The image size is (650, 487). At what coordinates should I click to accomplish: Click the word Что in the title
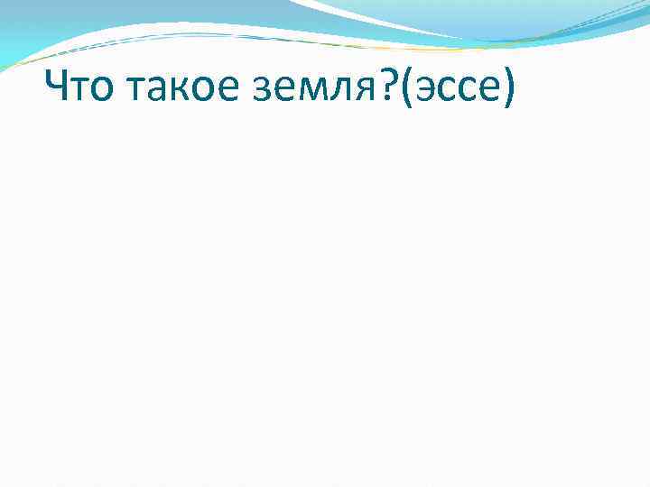point(79,92)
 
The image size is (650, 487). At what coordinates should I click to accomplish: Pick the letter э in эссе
point(427,94)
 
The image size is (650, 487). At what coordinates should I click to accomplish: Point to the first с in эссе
point(447,94)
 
